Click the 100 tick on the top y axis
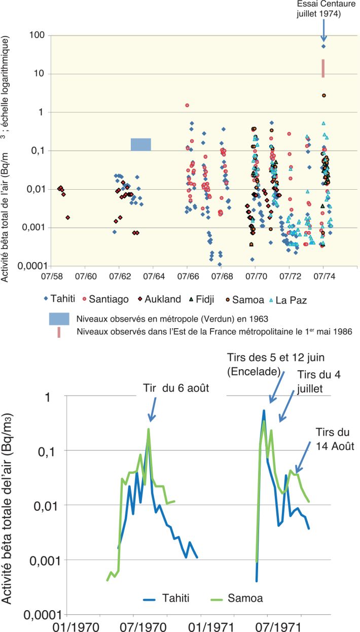click(x=38, y=36)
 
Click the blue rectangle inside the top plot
click(x=140, y=145)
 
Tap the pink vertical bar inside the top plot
click(x=323, y=68)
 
